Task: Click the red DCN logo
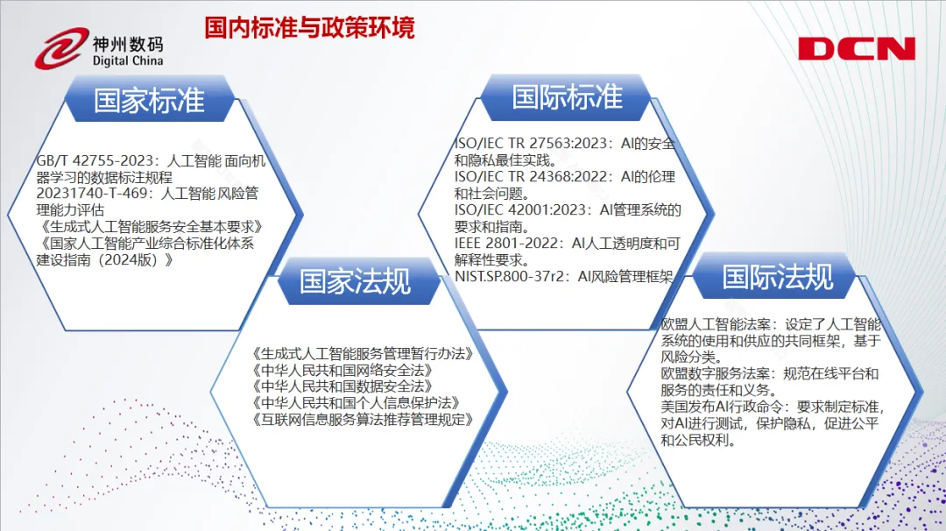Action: pyautogui.click(x=857, y=49)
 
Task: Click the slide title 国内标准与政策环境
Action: pyautogui.click(x=309, y=28)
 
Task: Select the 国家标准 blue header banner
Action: pyautogui.click(x=149, y=100)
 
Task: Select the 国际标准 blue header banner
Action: pyautogui.click(x=567, y=97)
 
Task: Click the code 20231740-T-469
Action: pyautogui.click(x=92, y=193)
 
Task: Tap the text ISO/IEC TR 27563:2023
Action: pyautogui.click(x=530, y=143)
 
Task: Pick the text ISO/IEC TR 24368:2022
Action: pyautogui.click(x=530, y=176)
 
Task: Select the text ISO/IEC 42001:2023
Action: pyautogui.click(x=519, y=209)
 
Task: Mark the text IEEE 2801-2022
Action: pyautogui.click(x=505, y=243)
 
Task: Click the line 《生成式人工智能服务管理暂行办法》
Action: pyautogui.click(x=362, y=354)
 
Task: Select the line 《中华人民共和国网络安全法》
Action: pyautogui.click(x=342, y=370)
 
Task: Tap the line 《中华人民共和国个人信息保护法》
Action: pyautogui.click(x=356, y=402)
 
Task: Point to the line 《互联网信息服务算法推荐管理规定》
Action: pyautogui.click(x=362, y=420)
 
